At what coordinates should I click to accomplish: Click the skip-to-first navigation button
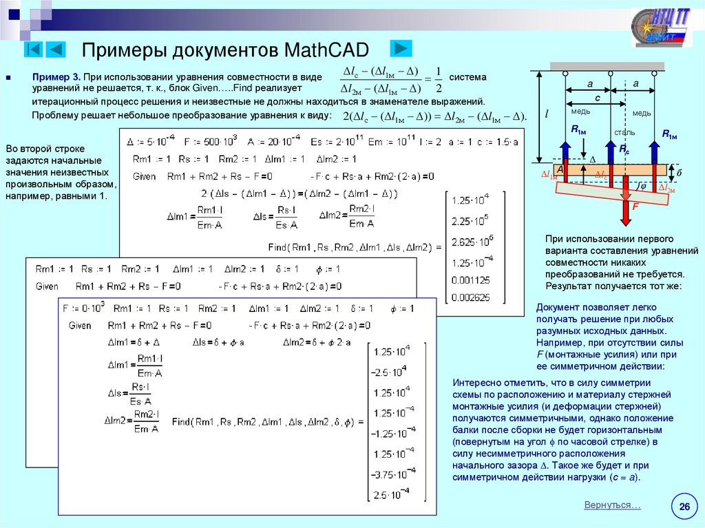[x=34, y=50]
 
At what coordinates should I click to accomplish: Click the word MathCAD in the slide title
[x=326, y=50]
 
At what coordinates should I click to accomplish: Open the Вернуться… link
[x=612, y=505]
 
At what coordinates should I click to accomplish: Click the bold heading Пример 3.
[x=57, y=78]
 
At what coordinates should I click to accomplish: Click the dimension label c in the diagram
[x=598, y=98]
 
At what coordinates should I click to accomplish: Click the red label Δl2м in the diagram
[x=666, y=187]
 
